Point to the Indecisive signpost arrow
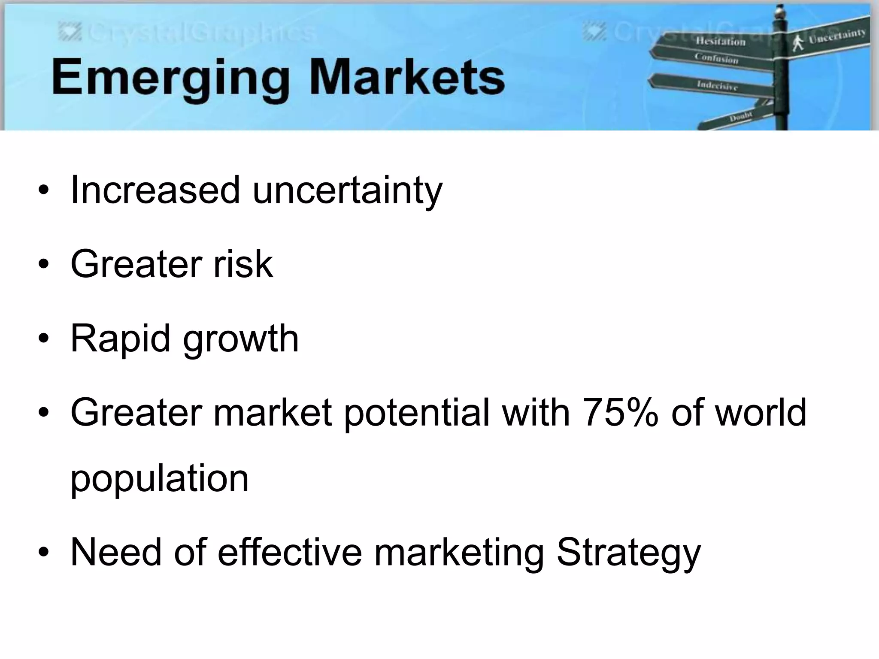coord(715,85)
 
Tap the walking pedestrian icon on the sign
coord(798,43)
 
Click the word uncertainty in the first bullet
coord(347,191)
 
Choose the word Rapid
coord(120,339)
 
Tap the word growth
coord(240,340)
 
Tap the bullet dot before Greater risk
coord(43,265)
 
